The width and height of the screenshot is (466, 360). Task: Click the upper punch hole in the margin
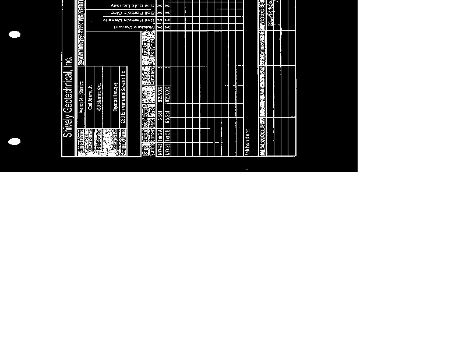coord(15,34)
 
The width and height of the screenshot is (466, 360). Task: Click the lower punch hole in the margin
coord(15,142)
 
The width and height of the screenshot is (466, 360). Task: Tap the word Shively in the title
coord(68,126)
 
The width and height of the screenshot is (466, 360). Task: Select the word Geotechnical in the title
coord(68,93)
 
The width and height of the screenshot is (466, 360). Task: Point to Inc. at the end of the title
coord(68,62)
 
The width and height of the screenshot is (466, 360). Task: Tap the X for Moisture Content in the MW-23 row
coord(160,27)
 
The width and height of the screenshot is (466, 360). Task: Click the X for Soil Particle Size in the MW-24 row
coord(168,12)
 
